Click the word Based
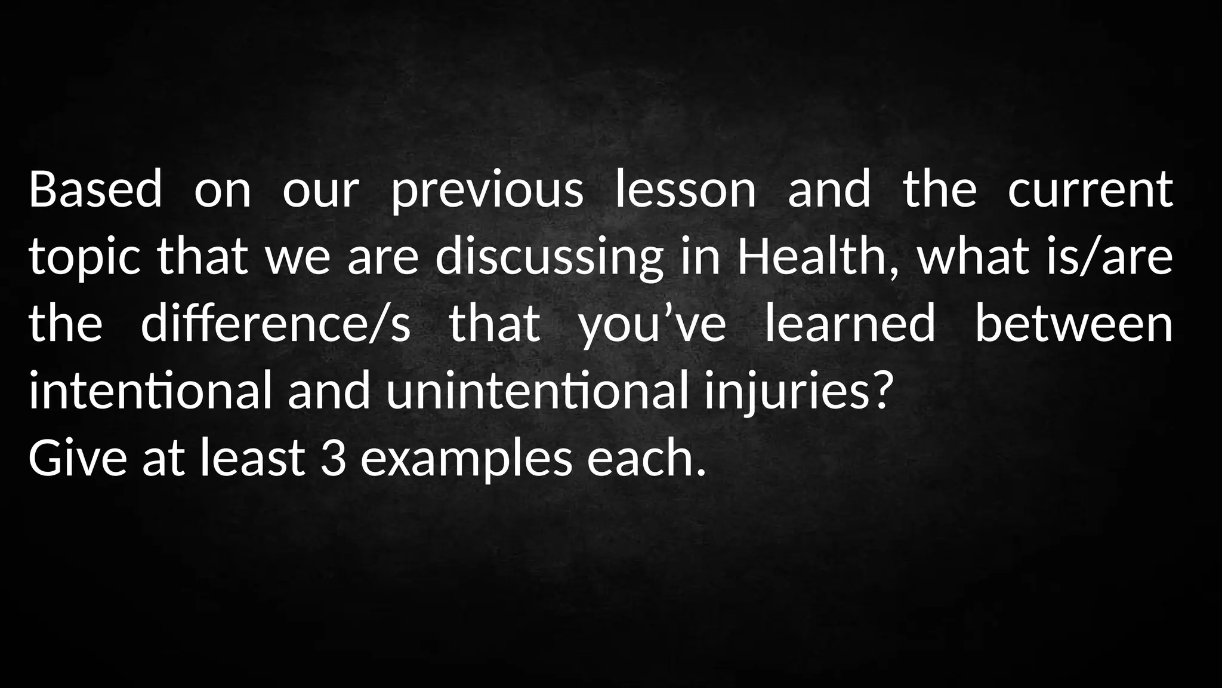click(95, 189)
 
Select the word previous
click(487, 189)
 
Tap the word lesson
click(685, 189)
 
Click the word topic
click(85, 257)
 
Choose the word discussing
click(549, 257)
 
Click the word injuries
click(786, 392)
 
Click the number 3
click(334, 458)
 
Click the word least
click(252, 458)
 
